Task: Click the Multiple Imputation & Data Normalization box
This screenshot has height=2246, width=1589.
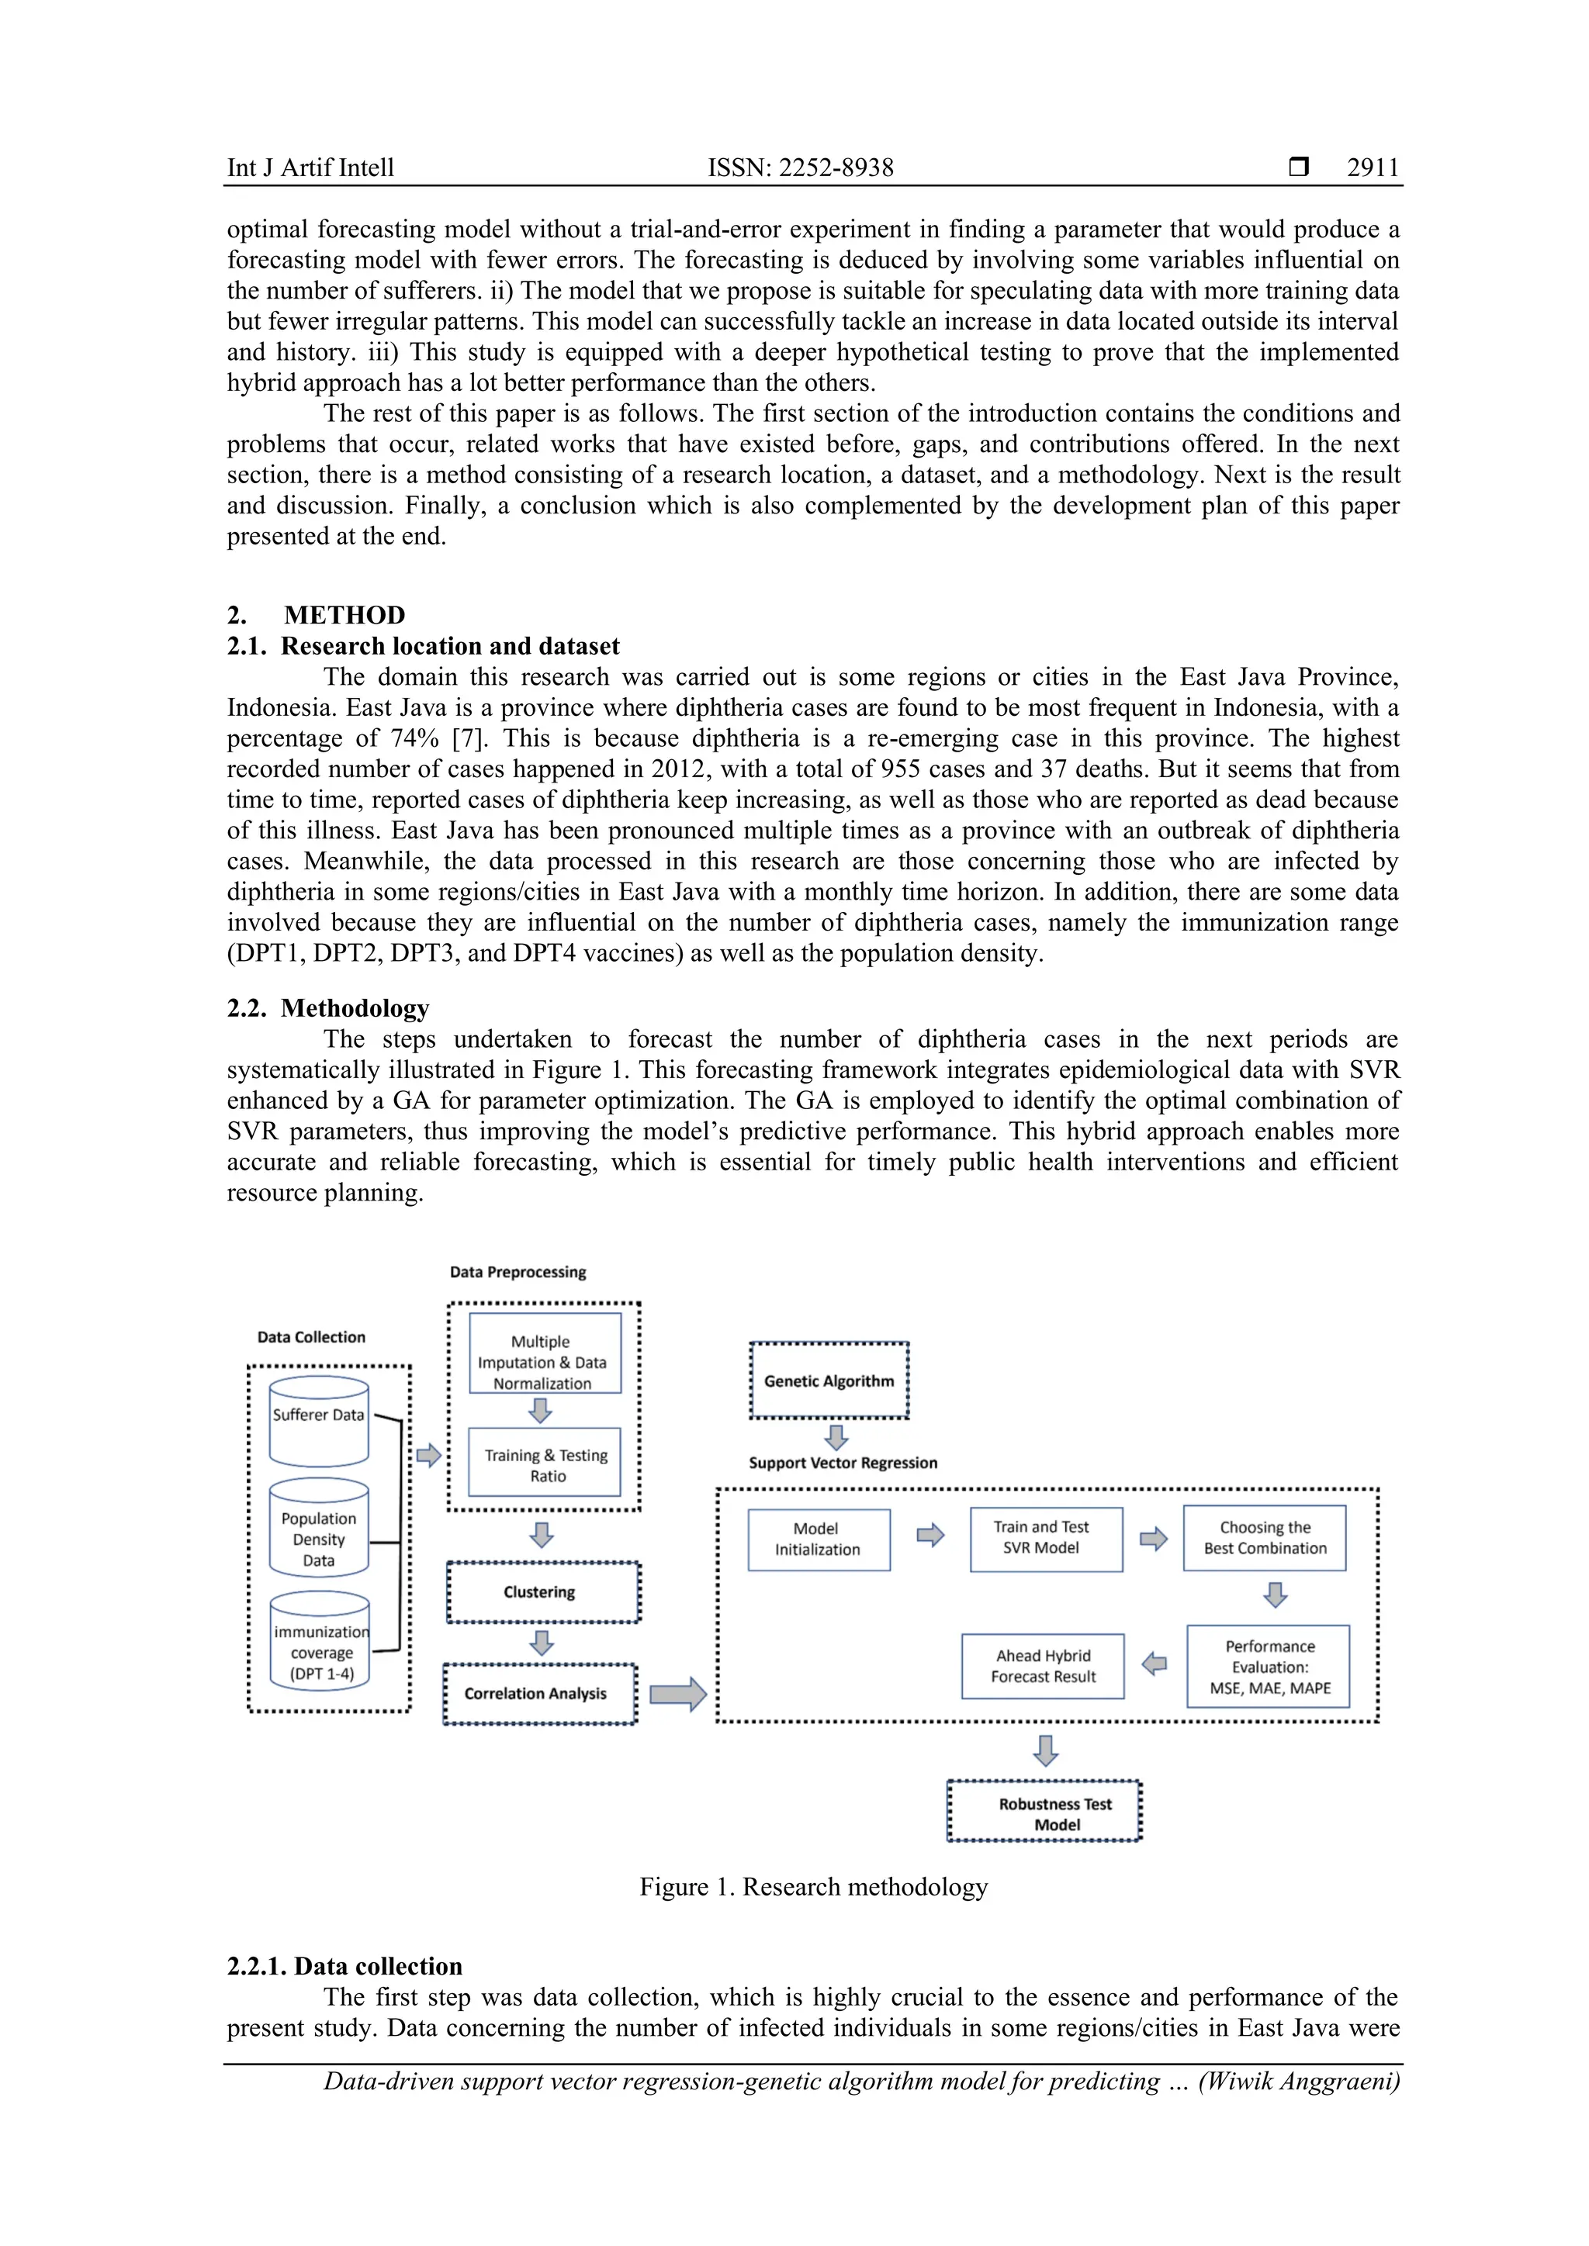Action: tap(545, 1353)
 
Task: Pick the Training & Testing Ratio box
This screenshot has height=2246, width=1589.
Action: tap(545, 1464)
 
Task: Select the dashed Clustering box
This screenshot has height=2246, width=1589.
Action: tap(543, 1591)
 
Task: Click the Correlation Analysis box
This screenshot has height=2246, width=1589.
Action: tap(539, 1693)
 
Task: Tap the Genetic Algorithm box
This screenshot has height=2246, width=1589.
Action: tap(829, 1380)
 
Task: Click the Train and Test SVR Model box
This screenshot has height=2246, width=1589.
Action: tap(1045, 1538)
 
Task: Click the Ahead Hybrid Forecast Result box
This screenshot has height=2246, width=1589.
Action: tap(1043, 1666)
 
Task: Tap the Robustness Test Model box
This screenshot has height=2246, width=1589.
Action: tap(1044, 1813)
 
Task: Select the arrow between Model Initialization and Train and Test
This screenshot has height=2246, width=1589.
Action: tap(930, 1535)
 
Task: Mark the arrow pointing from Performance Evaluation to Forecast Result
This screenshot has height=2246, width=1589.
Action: tap(1155, 1663)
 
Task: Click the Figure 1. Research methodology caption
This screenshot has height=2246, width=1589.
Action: tap(813, 1887)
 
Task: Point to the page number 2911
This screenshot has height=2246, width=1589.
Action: tap(1372, 168)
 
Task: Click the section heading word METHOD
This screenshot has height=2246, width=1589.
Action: tap(344, 615)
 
